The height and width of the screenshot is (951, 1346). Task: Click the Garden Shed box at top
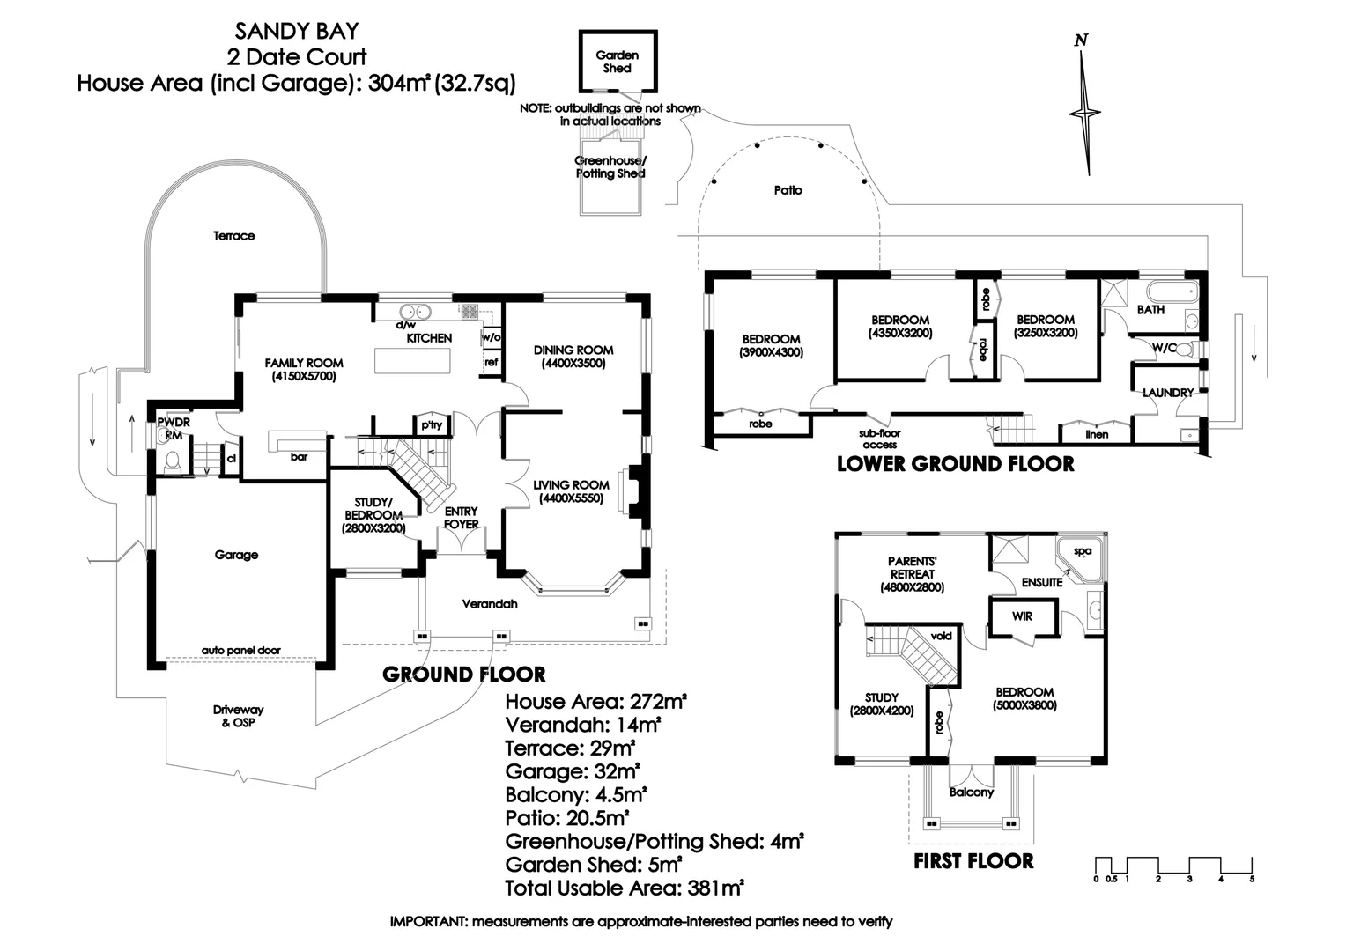tap(618, 61)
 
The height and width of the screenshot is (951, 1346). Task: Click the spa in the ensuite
tap(1082, 553)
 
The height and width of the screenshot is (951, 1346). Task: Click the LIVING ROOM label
tap(571, 485)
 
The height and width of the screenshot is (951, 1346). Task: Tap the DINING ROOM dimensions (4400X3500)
tap(573, 363)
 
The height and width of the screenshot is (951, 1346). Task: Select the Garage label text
tap(236, 555)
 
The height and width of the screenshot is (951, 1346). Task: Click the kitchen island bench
tap(412, 361)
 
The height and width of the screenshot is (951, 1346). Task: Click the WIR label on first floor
tap(1022, 616)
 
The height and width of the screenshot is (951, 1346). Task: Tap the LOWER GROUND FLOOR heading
tap(955, 464)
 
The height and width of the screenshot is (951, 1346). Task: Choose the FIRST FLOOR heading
tap(973, 861)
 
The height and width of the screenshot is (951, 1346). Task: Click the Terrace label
tap(233, 236)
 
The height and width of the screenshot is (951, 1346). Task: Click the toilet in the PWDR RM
tap(174, 461)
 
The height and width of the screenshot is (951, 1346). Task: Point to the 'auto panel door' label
tap(240, 651)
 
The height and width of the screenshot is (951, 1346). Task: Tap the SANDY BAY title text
tap(297, 32)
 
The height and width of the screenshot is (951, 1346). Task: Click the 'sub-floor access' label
tap(880, 439)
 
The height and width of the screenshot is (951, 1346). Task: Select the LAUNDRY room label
tap(1168, 393)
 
